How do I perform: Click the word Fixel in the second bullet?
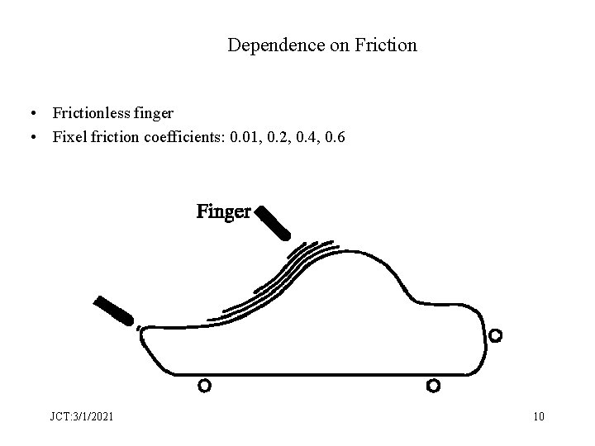click(x=68, y=135)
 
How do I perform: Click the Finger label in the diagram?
click(x=223, y=212)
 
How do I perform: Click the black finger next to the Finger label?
click(x=274, y=223)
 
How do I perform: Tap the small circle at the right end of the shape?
click(x=495, y=335)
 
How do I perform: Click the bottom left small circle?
click(x=204, y=385)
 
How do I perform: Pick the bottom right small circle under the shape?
click(x=433, y=385)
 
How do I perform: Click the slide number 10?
click(x=539, y=416)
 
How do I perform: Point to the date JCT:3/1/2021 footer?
click(x=81, y=416)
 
